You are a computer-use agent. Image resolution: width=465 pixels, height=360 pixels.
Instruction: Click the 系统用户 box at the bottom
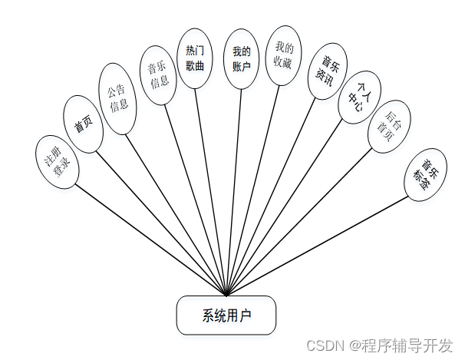(x=226, y=315)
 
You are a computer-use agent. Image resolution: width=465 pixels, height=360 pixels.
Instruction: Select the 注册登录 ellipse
(x=57, y=162)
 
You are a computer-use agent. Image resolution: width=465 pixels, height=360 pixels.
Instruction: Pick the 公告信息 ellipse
(x=118, y=98)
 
